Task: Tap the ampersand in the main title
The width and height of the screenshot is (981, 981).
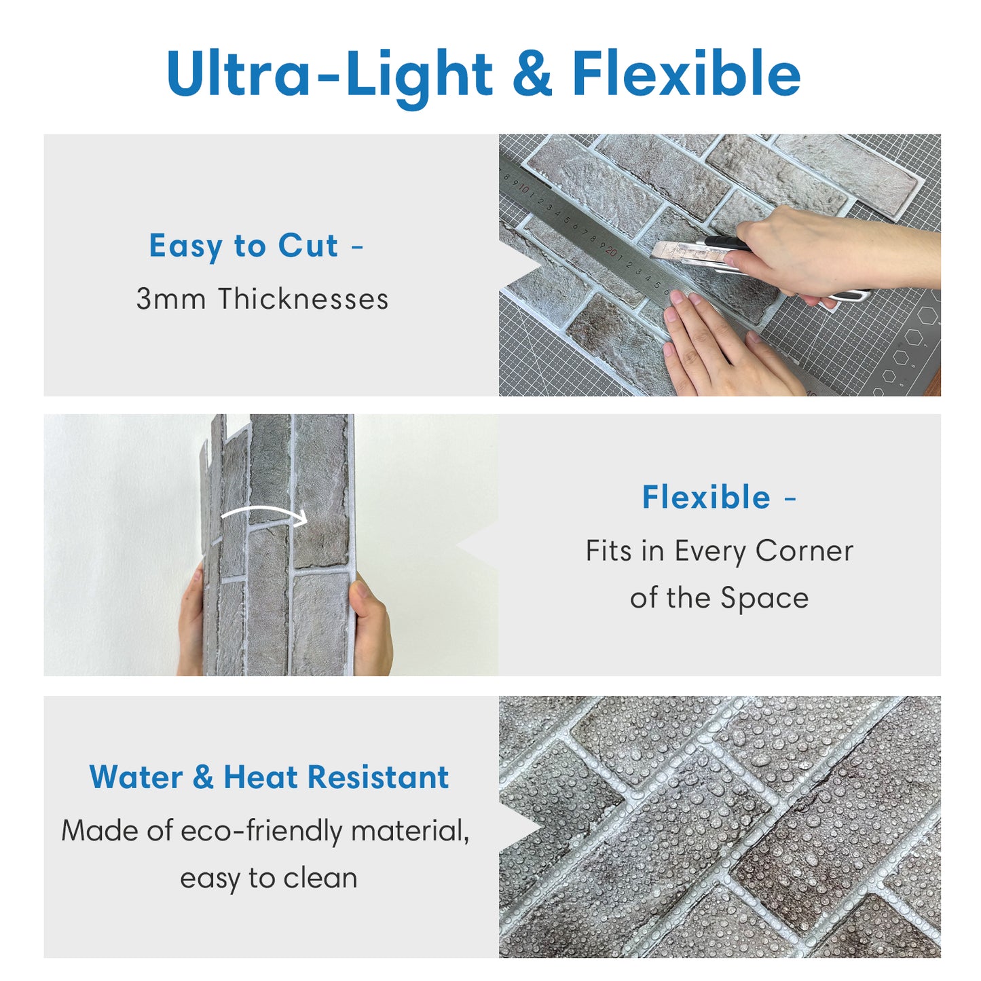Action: [532, 73]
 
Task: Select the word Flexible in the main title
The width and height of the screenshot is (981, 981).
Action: [686, 72]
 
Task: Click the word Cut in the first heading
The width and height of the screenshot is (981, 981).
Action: [308, 246]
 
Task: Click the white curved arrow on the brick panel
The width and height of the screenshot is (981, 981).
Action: [264, 514]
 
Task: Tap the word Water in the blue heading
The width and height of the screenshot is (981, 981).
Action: [136, 777]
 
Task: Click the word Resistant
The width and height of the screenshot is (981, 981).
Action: [378, 777]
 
